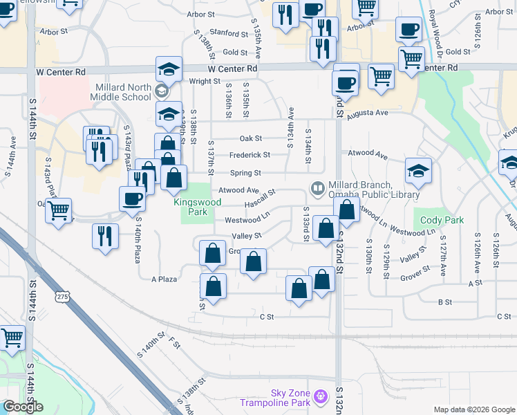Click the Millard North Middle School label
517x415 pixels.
click(x=120, y=93)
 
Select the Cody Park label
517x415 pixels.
click(x=442, y=221)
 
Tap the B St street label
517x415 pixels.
click(x=445, y=302)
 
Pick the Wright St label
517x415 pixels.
click(x=204, y=82)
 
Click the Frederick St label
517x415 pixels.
click(x=250, y=155)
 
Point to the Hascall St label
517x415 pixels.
click(x=260, y=203)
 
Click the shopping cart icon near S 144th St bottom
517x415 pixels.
click(x=10, y=338)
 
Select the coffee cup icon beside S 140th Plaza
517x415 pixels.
click(x=133, y=199)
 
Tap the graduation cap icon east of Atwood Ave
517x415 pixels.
click(x=418, y=172)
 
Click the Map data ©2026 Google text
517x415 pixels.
click(x=474, y=409)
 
